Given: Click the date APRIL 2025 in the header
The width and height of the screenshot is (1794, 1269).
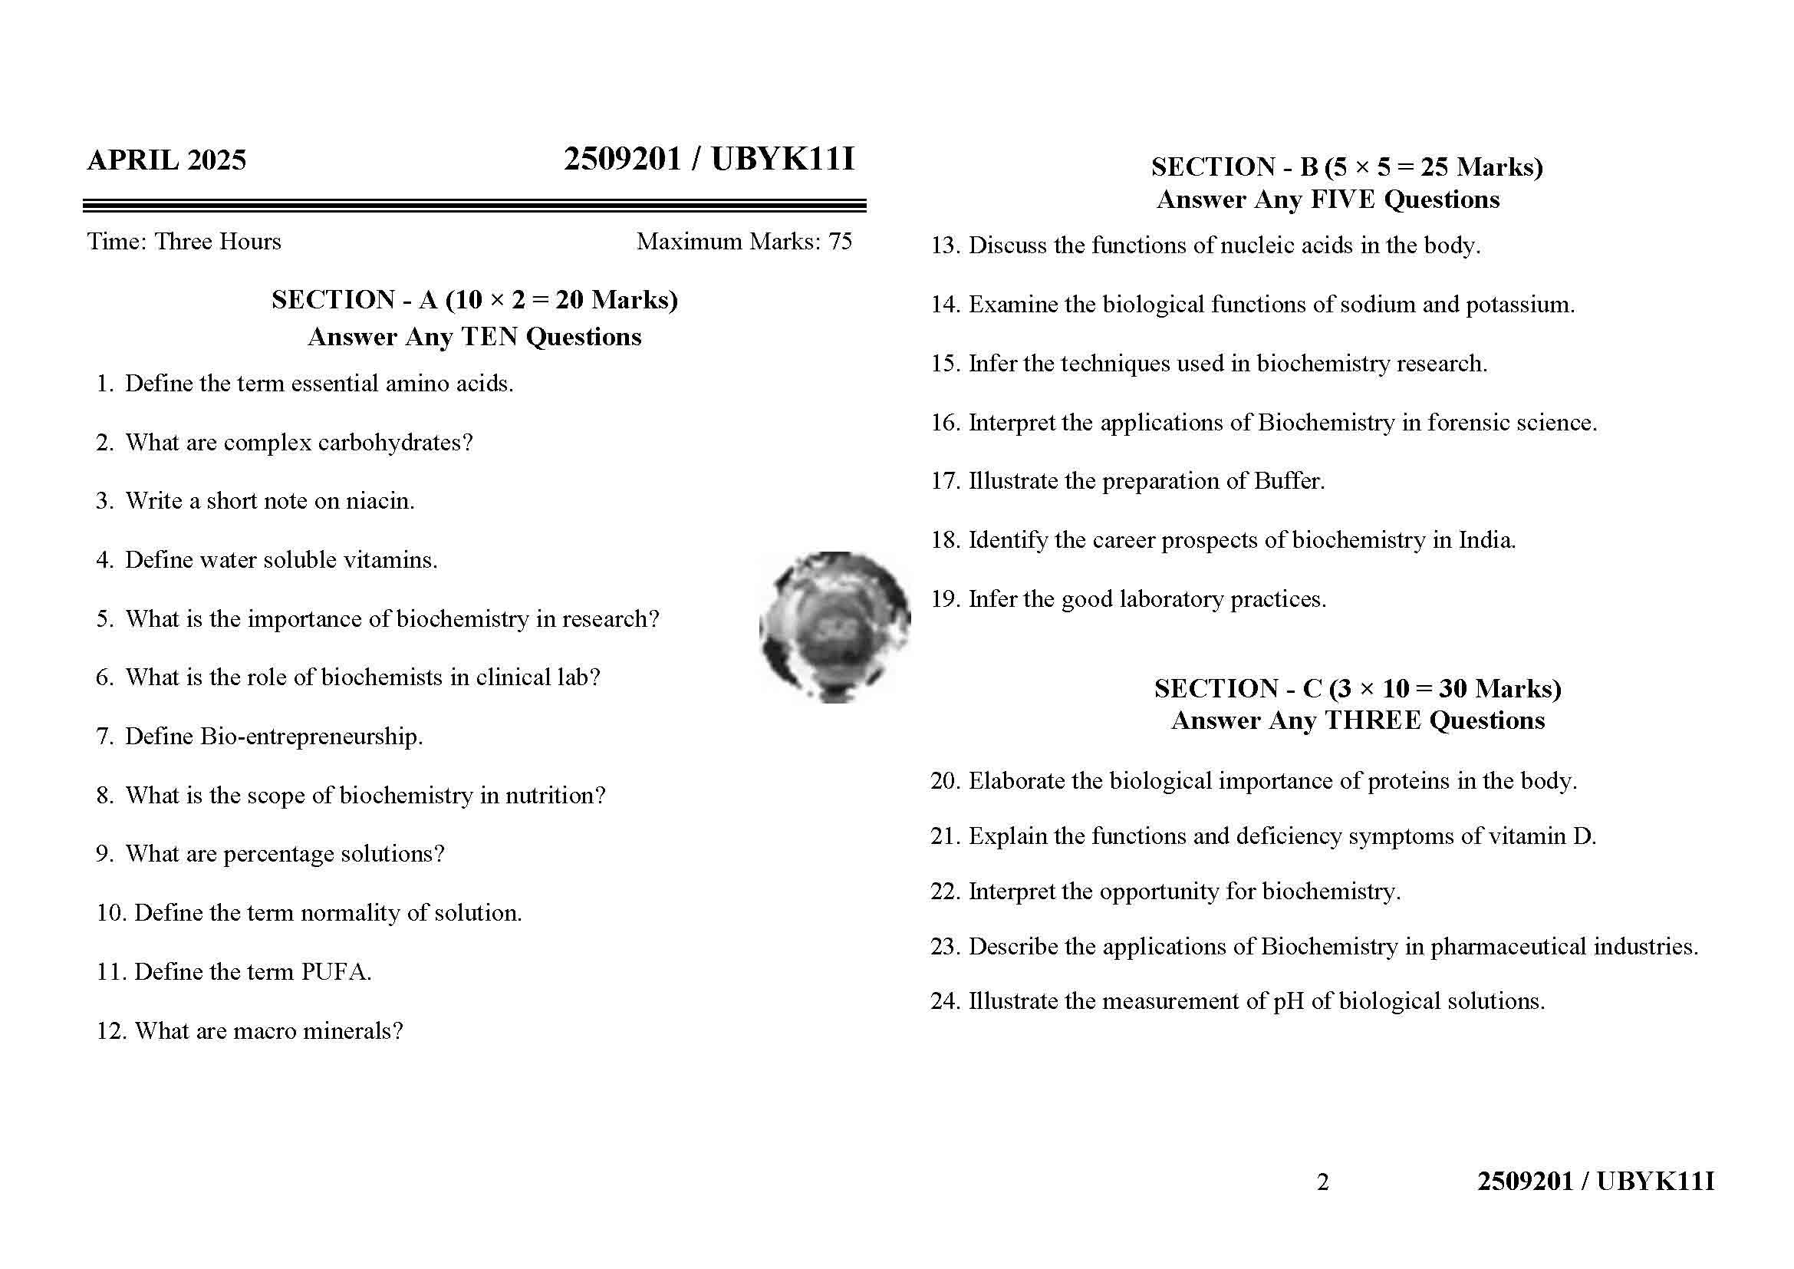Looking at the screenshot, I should [x=166, y=160].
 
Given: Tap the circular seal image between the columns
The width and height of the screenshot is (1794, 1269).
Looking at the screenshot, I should [x=834, y=627].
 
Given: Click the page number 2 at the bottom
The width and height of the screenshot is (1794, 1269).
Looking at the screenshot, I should [x=1322, y=1182].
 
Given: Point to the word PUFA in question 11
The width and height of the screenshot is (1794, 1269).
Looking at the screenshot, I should [x=335, y=972].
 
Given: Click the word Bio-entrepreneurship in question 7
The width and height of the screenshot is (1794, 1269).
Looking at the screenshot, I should [x=311, y=736].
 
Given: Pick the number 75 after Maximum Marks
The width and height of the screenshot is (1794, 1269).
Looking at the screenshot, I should [x=840, y=242].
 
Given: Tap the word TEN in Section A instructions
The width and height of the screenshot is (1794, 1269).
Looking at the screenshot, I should [x=490, y=337].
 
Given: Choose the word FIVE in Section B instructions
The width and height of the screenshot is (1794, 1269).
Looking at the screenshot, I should [x=1342, y=200].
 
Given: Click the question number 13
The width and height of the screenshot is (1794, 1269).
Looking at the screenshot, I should [x=944, y=246].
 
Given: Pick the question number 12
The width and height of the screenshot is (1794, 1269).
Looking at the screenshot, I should [x=110, y=1031].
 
